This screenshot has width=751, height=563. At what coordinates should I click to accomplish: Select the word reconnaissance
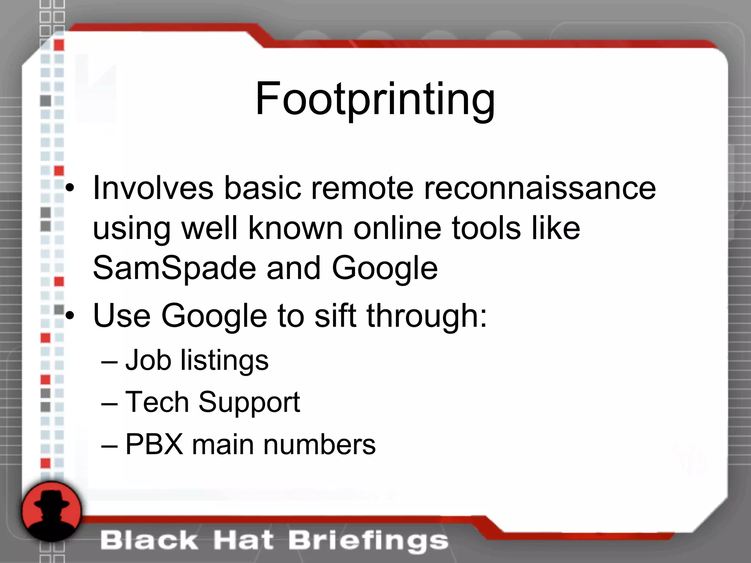point(540,188)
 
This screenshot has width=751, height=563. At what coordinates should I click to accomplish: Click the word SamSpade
point(175,268)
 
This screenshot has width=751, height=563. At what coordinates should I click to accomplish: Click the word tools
point(486,228)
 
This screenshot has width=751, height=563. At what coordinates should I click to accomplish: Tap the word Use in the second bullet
point(122,316)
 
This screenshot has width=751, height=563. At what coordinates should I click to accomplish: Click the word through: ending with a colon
point(427,316)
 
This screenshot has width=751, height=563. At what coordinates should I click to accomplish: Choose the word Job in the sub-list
point(148,360)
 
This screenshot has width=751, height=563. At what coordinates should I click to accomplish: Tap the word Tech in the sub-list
point(157,402)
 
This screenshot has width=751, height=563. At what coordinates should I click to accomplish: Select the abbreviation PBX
point(154,445)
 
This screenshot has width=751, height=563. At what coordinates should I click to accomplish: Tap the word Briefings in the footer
point(368,541)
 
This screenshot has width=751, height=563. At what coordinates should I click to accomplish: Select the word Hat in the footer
point(243,541)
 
